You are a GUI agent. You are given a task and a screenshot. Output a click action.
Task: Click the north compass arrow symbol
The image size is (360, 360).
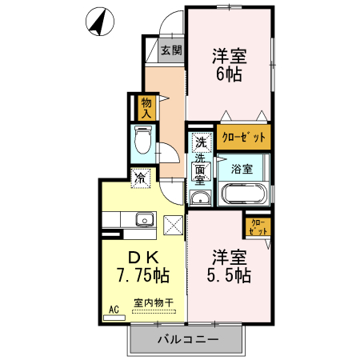[100, 22]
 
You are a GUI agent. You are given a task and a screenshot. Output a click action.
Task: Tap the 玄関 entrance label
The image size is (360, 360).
[171, 50]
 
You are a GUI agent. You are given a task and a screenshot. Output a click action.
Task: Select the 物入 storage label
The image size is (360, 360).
[146, 108]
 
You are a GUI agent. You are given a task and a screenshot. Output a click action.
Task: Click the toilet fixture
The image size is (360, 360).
[143, 140]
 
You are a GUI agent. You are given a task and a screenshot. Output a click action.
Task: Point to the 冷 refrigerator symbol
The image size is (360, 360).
[140, 178]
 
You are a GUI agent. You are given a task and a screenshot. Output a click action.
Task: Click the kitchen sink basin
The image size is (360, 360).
[145, 219]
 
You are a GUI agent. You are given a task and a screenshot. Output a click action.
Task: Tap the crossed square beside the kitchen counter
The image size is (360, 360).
[174, 226]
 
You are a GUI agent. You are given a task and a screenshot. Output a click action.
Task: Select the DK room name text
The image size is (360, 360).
[144, 258]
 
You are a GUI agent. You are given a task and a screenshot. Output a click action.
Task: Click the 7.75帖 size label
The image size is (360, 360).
[143, 275]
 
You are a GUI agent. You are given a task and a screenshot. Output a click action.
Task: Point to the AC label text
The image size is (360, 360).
[114, 310]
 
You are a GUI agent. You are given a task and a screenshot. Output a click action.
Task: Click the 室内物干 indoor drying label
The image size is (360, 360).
[154, 302]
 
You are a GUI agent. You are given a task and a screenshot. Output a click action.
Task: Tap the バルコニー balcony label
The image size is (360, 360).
[188, 339]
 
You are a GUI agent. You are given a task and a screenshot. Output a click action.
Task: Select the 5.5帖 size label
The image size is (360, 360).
[229, 275]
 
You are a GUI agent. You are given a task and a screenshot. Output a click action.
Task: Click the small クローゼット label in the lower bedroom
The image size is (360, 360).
[258, 227]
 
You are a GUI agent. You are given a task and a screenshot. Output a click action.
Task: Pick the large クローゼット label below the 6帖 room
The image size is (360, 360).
[244, 138]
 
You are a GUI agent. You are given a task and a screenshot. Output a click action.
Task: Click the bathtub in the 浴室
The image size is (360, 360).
[245, 194]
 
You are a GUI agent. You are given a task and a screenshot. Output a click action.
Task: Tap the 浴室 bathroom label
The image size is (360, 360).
[242, 169]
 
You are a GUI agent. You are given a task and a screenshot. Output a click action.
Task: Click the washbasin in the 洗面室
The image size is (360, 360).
[200, 198]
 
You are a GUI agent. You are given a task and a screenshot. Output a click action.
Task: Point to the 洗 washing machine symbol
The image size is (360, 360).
[202, 142]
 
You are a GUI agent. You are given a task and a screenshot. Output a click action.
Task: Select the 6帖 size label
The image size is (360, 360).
[229, 74]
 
